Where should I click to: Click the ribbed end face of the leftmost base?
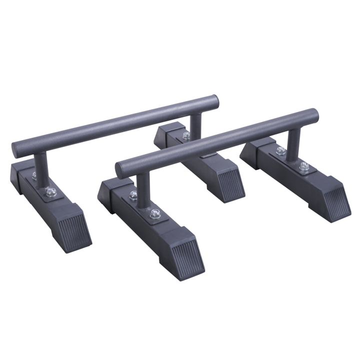pyautogui.click(x=76, y=231)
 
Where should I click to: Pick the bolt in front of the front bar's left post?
pyautogui.click(x=154, y=214)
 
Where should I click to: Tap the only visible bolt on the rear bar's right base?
pyautogui.click(x=186, y=136)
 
